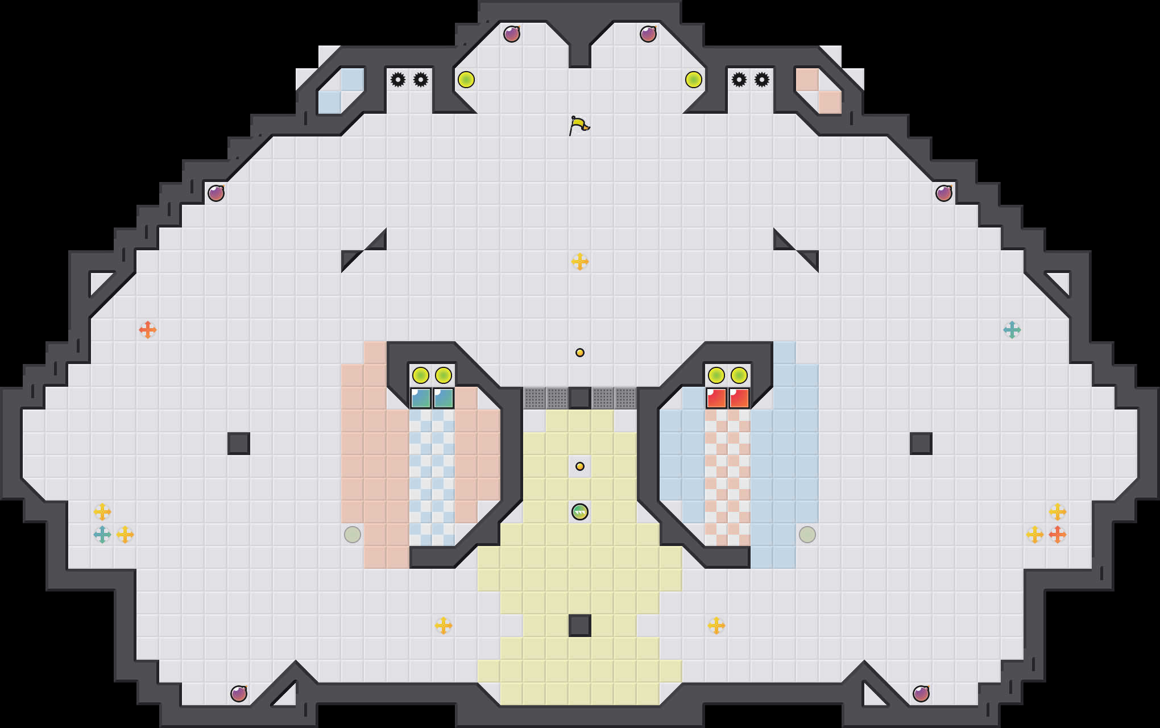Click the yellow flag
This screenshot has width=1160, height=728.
point(578,125)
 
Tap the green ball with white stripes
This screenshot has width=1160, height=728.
point(580,512)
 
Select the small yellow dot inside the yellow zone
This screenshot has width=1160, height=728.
point(580,466)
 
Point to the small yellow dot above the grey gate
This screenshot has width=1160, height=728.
point(580,353)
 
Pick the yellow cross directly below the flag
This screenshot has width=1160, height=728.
point(580,262)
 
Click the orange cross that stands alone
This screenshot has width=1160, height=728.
point(148,330)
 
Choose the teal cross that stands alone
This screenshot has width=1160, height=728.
point(1012,330)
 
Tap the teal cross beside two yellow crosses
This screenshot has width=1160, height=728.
point(102,535)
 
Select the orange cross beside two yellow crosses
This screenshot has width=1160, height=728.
point(1058,535)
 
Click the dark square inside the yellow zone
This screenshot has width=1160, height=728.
point(580,626)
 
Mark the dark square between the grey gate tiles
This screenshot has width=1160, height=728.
point(580,398)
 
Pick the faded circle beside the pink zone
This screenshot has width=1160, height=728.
point(353,535)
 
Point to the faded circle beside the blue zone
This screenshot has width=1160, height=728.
point(807,535)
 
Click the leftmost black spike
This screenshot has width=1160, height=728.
point(398,80)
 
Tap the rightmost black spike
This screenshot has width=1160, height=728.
point(762,80)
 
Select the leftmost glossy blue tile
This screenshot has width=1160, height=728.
point(421,398)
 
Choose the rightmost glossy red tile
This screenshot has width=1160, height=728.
point(739,398)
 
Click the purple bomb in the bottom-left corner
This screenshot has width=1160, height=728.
point(239,694)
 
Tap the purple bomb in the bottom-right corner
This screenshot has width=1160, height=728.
point(921,694)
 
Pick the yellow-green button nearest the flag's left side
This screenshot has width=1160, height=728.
point(466,80)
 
